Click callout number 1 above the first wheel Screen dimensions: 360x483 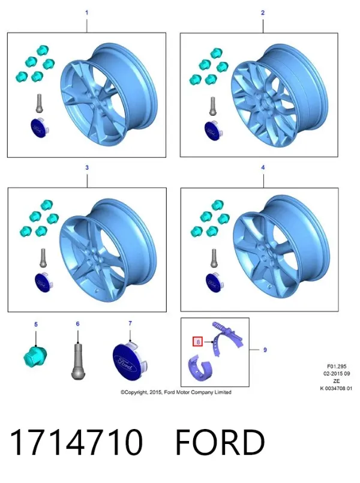86,13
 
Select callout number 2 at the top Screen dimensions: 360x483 263,13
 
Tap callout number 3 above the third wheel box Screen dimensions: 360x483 87,167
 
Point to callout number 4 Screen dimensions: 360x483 263,167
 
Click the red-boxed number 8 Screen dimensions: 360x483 198,342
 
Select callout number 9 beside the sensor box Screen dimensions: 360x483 265,350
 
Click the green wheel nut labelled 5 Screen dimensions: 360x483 35,356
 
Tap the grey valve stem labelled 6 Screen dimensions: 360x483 77,362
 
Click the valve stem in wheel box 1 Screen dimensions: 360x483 40,103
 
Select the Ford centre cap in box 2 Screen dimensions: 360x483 212,130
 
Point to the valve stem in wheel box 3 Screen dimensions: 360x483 43,258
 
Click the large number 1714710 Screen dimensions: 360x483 76,442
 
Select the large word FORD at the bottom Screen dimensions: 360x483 220,442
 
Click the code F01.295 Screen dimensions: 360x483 337,367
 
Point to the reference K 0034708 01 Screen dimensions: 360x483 336,388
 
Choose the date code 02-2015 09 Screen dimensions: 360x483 337,374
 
